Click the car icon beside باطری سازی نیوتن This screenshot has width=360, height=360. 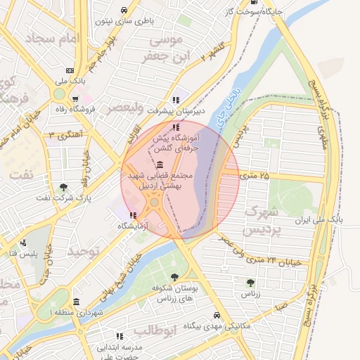pyautogui.click(x=124, y=10)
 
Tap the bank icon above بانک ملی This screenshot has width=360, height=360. pyautogui.click(x=70, y=70)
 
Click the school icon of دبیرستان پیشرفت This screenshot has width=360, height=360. pyautogui.click(x=176, y=100)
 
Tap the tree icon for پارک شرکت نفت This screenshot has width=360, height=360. pyautogui.click(x=64, y=187)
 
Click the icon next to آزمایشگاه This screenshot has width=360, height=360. pyautogui.click(x=134, y=215)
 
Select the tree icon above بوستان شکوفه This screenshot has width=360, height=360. pyautogui.click(x=174, y=277)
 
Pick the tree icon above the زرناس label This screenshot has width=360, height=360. pyautogui.click(x=250, y=283)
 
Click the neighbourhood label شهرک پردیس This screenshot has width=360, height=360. pyautogui.click(x=262, y=220)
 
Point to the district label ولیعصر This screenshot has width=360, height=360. pyautogui.click(x=124, y=108)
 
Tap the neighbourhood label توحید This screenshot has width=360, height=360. pyautogui.click(x=84, y=250)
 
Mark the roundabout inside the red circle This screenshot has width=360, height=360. pyautogui.click(x=154, y=202)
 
